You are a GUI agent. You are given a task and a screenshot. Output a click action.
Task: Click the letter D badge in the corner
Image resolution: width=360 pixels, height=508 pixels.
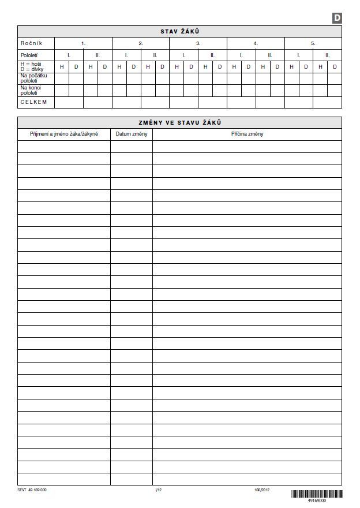(x=337, y=18)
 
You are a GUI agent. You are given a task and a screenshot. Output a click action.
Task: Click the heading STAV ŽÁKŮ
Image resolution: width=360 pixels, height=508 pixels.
(x=179, y=32)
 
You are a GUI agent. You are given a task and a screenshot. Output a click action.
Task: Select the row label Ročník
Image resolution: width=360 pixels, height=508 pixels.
(x=31, y=43)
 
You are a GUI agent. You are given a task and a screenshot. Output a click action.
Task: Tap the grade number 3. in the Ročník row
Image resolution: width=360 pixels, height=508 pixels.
(x=198, y=43)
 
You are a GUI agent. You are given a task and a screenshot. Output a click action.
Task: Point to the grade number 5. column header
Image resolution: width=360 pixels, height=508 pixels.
(x=313, y=43)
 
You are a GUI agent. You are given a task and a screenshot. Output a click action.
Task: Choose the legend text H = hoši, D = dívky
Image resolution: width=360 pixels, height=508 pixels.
(x=32, y=67)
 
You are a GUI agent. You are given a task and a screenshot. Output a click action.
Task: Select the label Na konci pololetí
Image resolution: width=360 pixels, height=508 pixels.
(x=32, y=90)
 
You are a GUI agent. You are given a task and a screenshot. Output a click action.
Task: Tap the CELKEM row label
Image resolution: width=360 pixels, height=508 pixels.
(x=33, y=102)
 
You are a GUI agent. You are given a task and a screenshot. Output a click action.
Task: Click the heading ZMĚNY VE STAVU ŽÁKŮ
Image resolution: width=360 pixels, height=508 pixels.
(x=179, y=122)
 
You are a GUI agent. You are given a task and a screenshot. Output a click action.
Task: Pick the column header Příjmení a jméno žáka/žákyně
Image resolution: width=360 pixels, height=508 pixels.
(x=64, y=134)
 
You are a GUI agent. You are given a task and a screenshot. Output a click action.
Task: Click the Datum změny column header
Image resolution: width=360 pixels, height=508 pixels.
(x=132, y=134)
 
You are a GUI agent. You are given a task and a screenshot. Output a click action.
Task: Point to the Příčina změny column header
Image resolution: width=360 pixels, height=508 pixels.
(x=247, y=134)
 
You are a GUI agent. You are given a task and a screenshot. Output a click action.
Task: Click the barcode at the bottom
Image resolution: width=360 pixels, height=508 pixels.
(x=316, y=494)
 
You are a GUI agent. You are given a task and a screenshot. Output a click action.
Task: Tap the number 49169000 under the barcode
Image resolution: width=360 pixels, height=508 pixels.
(x=317, y=501)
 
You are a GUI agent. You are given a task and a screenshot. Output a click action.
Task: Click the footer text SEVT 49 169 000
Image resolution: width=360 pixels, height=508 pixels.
(x=32, y=490)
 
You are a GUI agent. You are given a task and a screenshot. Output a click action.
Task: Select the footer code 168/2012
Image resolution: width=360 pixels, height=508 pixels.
(x=262, y=490)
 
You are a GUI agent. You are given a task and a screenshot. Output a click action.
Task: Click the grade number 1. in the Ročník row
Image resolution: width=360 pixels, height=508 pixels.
(x=84, y=43)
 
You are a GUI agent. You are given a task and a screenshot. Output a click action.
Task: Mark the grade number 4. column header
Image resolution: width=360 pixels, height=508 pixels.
(x=256, y=43)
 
